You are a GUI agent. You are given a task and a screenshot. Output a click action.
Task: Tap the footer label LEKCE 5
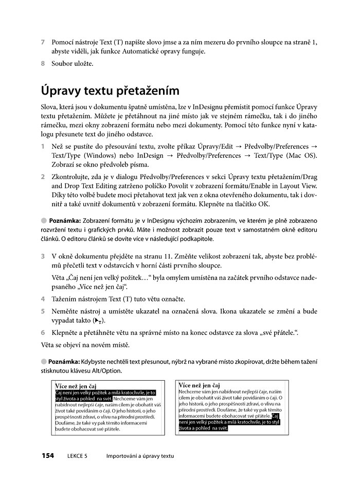pyautogui.click(x=77, y=456)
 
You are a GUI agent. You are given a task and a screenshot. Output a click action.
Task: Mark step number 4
pyautogui.click(x=43, y=299)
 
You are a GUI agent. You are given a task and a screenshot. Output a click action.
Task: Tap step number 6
pyautogui.click(x=43, y=333)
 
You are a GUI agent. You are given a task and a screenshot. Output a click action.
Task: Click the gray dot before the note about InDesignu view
pyautogui.click(x=44, y=220)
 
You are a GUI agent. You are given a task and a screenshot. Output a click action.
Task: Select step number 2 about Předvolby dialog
pyautogui.click(x=43, y=176)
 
